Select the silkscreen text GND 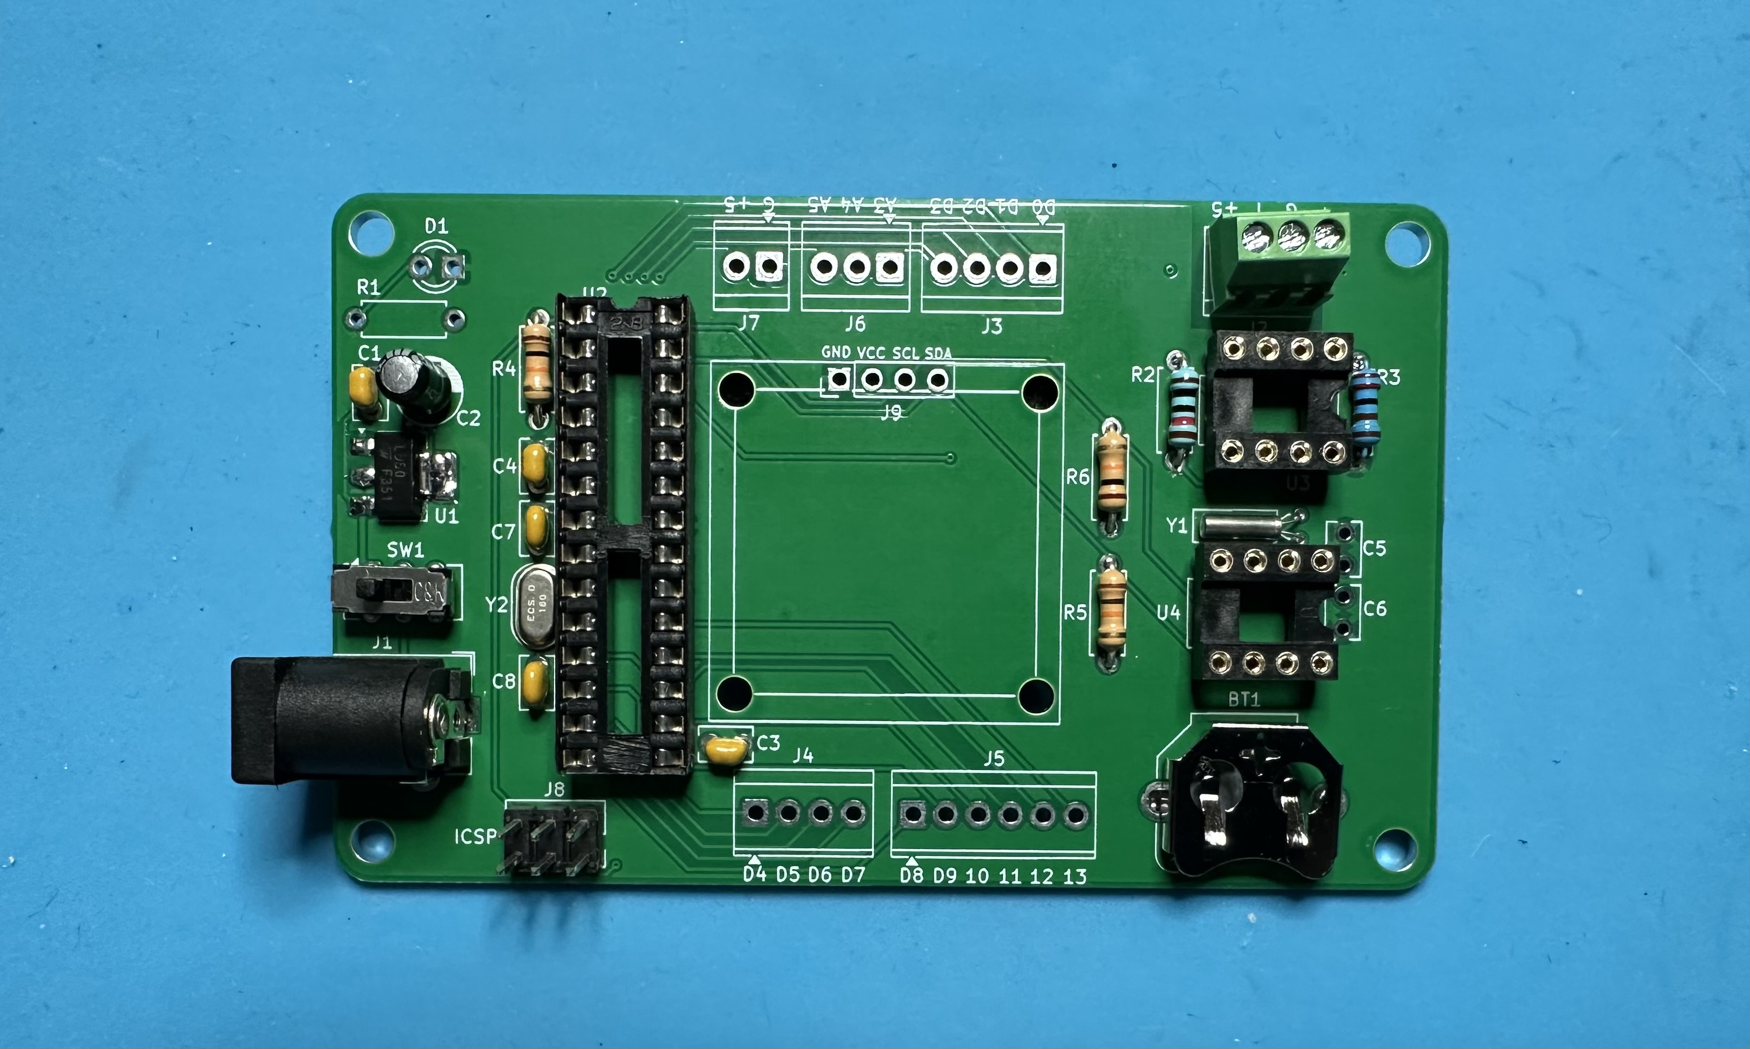click(x=836, y=352)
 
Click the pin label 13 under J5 click(x=1074, y=877)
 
